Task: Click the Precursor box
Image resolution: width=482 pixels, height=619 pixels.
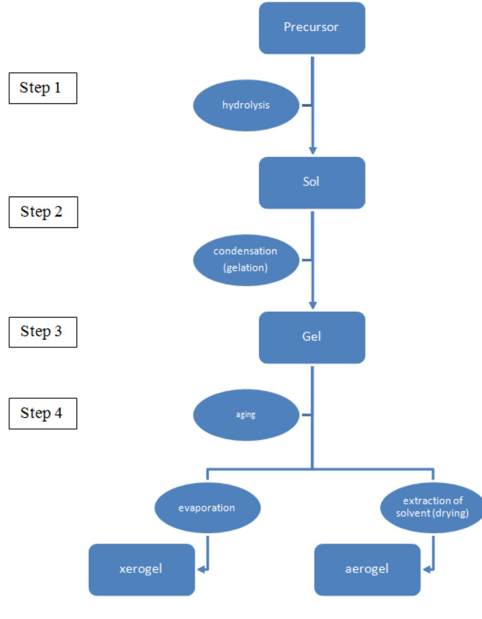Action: click(312, 28)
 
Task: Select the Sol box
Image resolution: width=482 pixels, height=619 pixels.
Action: click(312, 183)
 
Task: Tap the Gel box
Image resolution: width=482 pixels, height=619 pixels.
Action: click(312, 337)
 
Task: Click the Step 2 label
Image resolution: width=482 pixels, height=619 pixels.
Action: click(42, 211)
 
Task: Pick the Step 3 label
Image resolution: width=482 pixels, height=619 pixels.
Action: click(42, 331)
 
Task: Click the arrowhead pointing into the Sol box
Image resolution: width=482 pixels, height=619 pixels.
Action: click(312, 151)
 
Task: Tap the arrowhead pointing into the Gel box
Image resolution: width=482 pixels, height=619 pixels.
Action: click(312, 305)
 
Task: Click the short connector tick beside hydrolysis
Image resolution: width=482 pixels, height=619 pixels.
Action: click(306, 106)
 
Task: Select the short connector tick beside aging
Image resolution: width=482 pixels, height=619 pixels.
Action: click(306, 415)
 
